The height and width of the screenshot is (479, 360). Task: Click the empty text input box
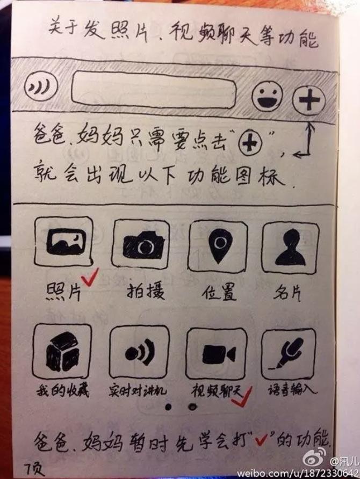[x=154, y=90]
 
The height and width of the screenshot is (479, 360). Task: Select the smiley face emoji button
[x=267, y=96]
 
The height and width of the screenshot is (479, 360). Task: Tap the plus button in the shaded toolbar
[x=308, y=99]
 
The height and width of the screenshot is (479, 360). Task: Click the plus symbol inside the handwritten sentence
[x=250, y=143]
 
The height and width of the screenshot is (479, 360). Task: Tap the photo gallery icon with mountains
[x=63, y=241]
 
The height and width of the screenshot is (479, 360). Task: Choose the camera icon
[x=141, y=244]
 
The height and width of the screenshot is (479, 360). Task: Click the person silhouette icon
[x=290, y=248]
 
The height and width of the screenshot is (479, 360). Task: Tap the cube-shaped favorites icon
[x=62, y=351]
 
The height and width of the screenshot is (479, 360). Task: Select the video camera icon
[x=217, y=354]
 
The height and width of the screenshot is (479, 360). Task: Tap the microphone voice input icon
[x=289, y=354]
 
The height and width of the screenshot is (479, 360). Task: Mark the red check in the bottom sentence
[x=262, y=440]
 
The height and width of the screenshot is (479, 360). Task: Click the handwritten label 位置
[x=219, y=292]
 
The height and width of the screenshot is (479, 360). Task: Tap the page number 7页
[x=34, y=469]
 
